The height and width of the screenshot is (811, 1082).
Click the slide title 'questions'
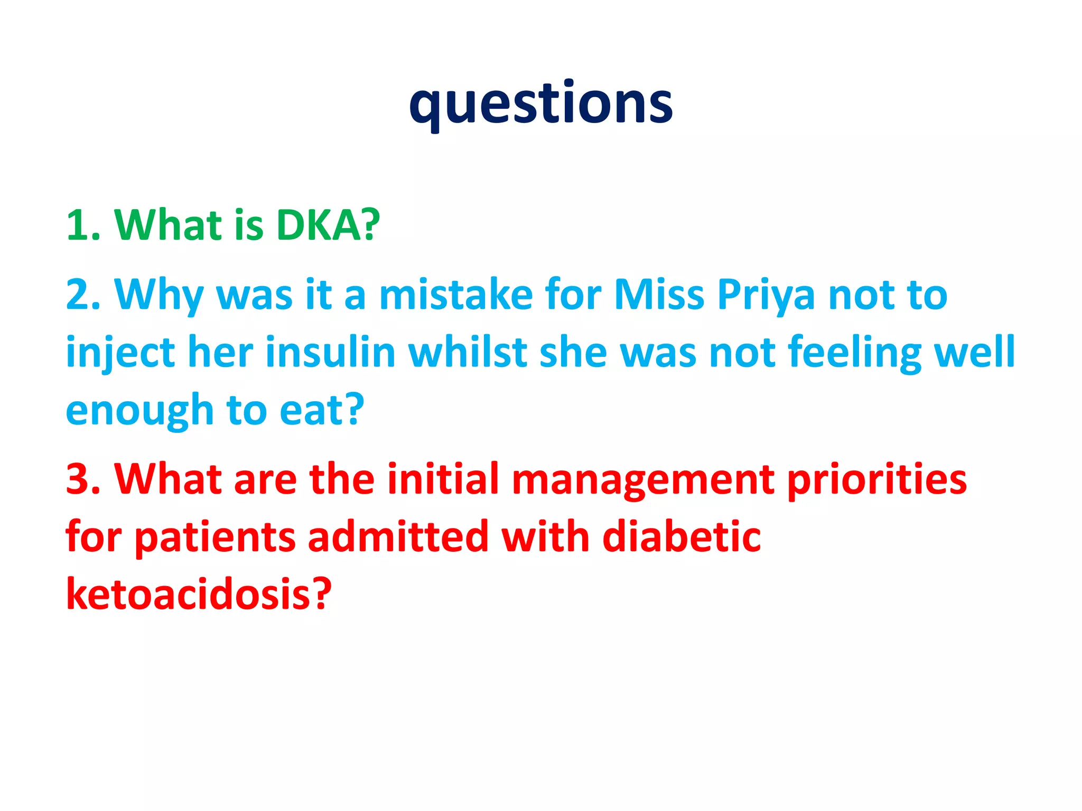540,103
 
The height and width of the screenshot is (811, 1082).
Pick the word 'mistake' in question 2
456,295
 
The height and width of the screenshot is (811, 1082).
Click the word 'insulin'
330,352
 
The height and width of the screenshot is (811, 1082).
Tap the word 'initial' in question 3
443,479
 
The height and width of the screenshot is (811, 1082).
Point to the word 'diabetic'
682,537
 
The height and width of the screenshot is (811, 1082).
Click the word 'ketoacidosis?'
199,595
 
